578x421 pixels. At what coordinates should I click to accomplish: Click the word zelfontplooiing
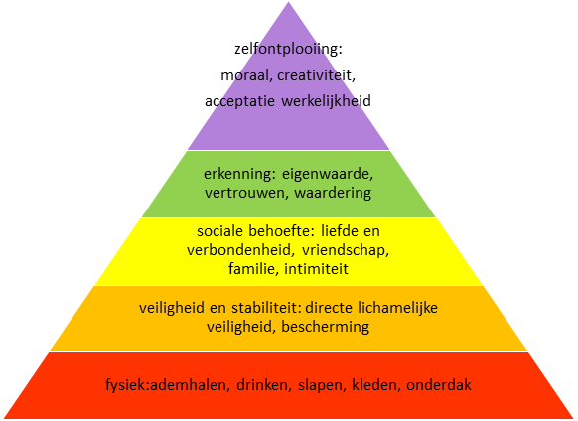(x=286, y=49)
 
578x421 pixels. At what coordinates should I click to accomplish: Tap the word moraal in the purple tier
(x=244, y=75)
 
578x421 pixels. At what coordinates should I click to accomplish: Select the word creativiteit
(x=315, y=75)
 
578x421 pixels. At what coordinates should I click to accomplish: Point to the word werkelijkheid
(x=326, y=101)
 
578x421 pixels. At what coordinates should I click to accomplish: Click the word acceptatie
(x=239, y=101)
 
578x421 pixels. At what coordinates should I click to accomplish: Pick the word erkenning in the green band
(x=238, y=174)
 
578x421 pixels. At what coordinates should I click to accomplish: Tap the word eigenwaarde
(x=327, y=174)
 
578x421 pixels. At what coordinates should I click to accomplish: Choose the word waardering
(x=333, y=193)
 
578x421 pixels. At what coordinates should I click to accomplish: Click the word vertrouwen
(x=245, y=193)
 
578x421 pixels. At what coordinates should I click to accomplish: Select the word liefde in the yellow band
(x=340, y=231)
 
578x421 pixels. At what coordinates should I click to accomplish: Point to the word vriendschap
(x=345, y=250)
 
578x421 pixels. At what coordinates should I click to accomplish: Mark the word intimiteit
(x=316, y=269)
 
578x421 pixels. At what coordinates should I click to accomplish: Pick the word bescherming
(x=325, y=327)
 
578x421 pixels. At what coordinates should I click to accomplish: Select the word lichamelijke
(x=397, y=308)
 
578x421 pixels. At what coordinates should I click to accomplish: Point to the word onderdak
(x=439, y=385)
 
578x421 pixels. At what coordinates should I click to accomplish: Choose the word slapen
(x=320, y=386)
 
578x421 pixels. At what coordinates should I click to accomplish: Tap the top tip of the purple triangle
(x=289, y=2)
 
